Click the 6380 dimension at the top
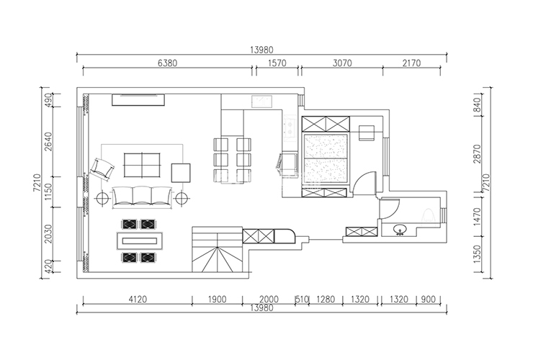(x=168, y=63)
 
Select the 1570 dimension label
(x=277, y=63)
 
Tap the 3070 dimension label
(x=342, y=63)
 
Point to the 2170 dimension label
(x=411, y=63)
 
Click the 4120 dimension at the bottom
(x=138, y=300)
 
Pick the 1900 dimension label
(x=217, y=300)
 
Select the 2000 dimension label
(x=269, y=300)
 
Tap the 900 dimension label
(x=428, y=300)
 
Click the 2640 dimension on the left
(x=48, y=142)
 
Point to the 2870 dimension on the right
(x=478, y=153)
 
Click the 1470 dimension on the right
(x=478, y=217)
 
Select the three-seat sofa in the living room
(x=142, y=196)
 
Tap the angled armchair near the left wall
(x=102, y=168)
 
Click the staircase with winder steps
(x=218, y=249)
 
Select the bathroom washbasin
(x=400, y=230)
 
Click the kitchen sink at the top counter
(x=261, y=102)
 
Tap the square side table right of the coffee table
(x=181, y=173)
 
